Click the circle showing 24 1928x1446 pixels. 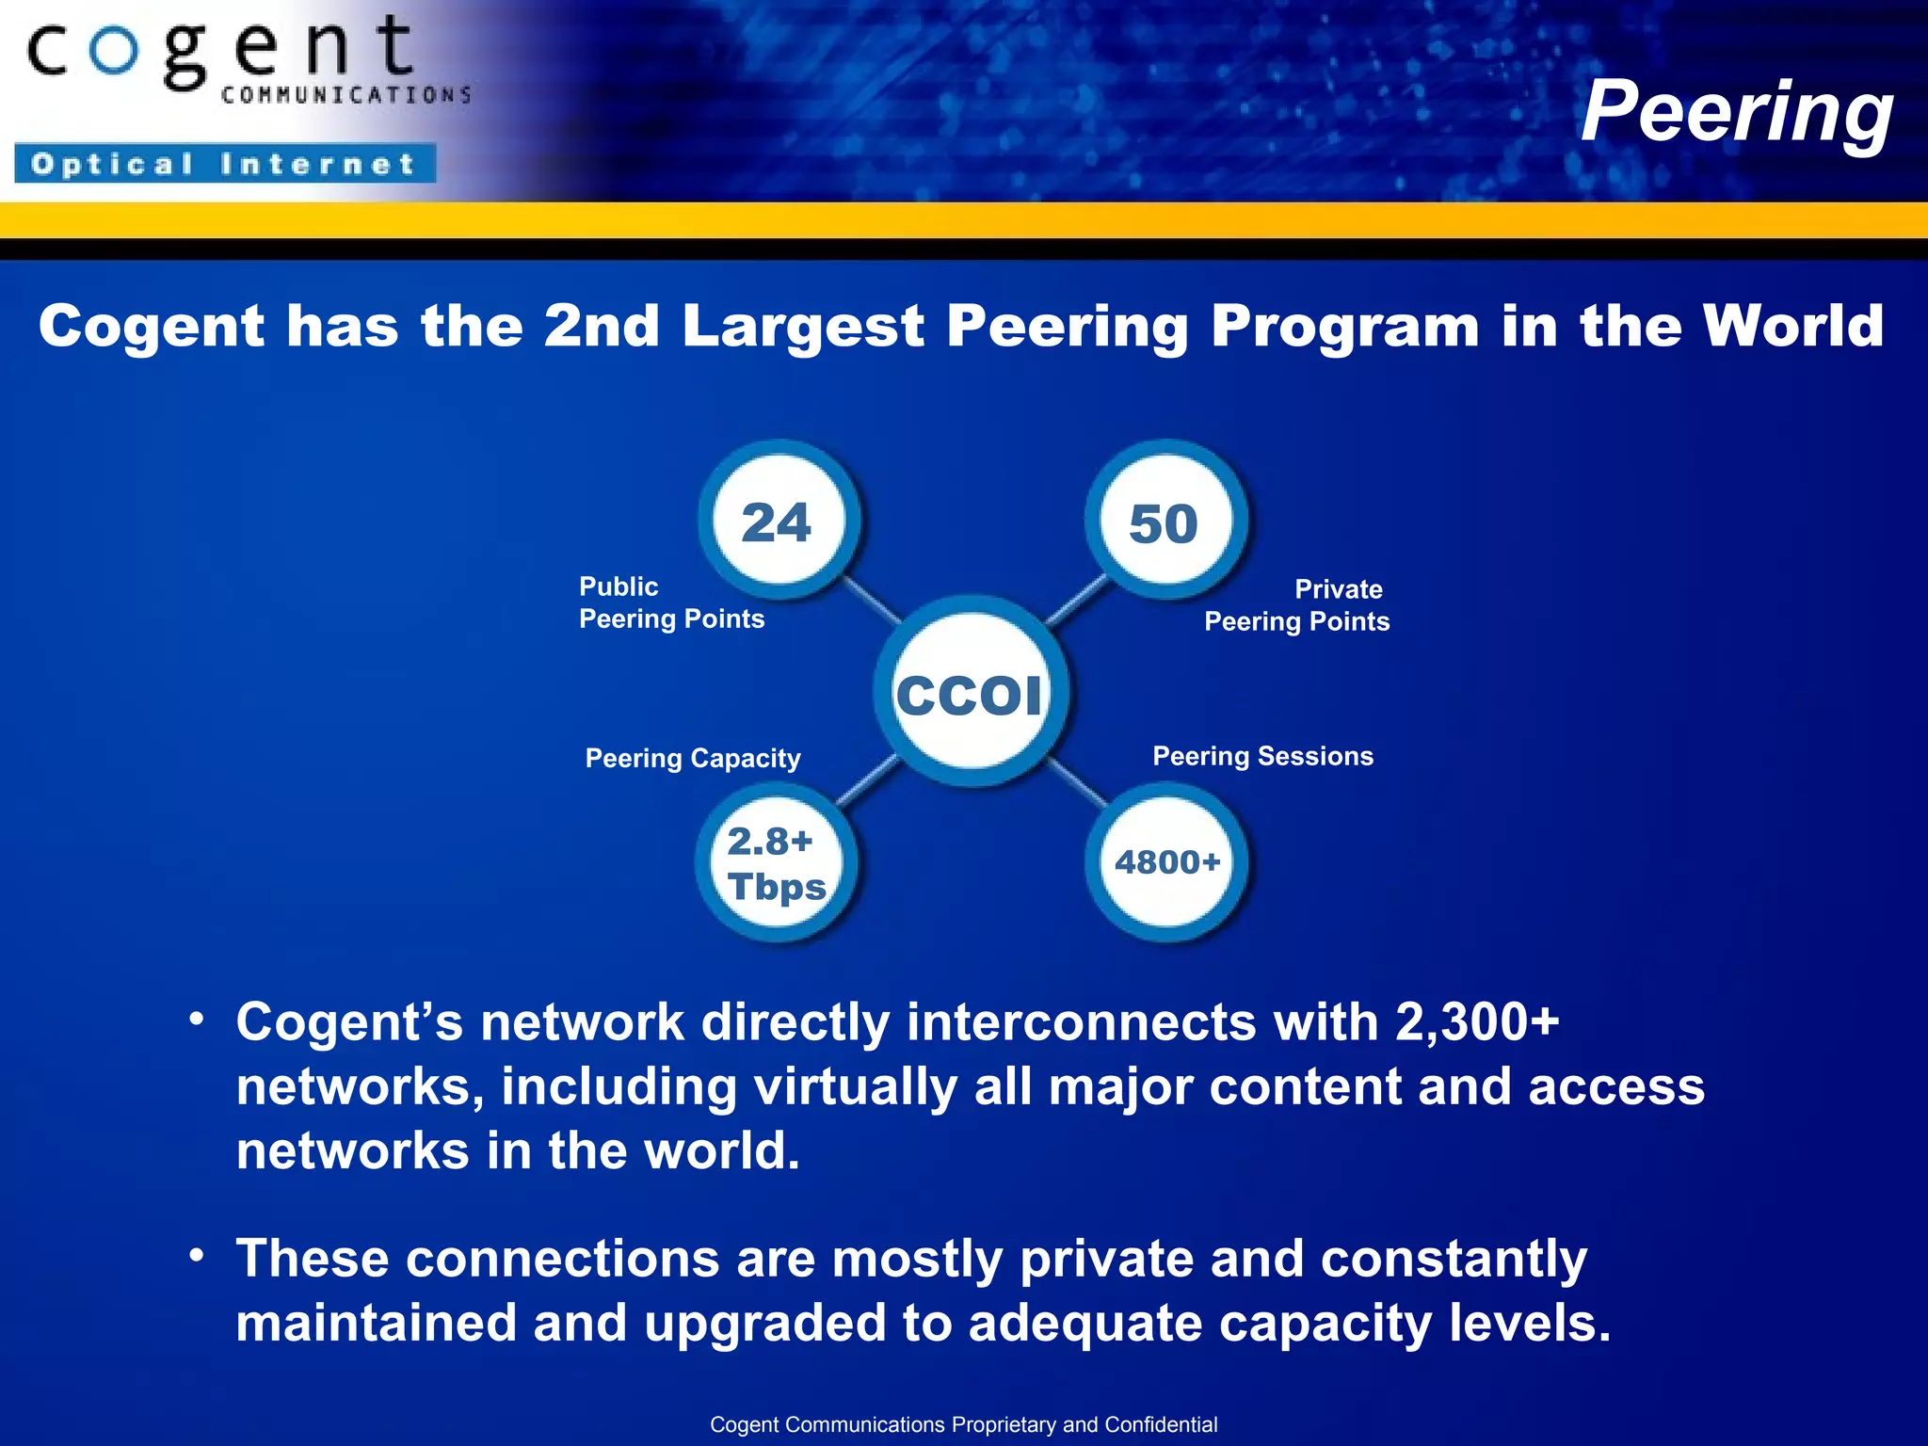tap(778, 521)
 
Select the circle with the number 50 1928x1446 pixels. tap(1165, 522)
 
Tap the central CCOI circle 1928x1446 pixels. tap(971, 694)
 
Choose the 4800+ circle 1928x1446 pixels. tap(1167, 862)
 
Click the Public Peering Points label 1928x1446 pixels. tap(671, 602)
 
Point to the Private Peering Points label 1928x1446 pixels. tap(1296, 605)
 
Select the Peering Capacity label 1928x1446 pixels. tap(693, 758)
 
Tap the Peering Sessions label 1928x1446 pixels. tap(1262, 756)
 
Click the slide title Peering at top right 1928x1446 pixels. tap(1737, 111)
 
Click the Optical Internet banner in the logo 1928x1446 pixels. tap(224, 164)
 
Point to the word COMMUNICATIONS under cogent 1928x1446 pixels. tap(346, 95)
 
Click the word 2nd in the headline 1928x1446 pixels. tap(602, 326)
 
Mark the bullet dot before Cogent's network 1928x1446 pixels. tap(196, 1020)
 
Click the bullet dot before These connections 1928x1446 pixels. tap(196, 1256)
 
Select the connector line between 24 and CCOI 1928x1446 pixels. tap(871, 601)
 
